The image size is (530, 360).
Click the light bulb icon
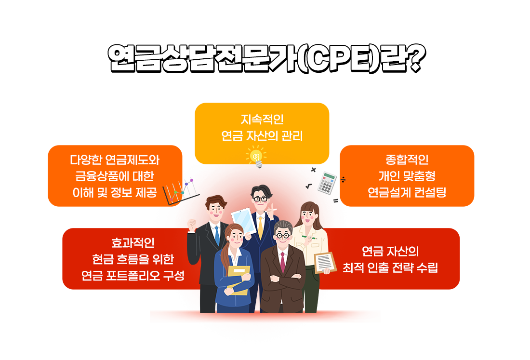pyautogui.click(x=256, y=156)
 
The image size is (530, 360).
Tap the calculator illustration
pyautogui.click(x=327, y=183)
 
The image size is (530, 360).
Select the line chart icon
pyautogui.click(x=181, y=192)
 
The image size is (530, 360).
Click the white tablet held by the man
pyautogui.click(x=244, y=221)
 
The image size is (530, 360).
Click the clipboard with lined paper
pyautogui.click(x=325, y=263)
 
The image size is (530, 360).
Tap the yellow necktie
pyautogui.click(x=260, y=227)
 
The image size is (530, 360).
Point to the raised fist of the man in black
pyautogui.click(x=192, y=225)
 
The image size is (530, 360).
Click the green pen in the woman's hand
pyautogui.click(x=309, y=237)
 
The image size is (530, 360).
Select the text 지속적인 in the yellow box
pyautogui.click(x=262, y=120)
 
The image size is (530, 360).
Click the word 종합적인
pyautogui.click(x=407, y=160)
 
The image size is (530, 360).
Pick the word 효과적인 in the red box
pyautogui.click(x=133, y=243)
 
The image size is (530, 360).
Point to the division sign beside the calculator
pyautogui.click(x=343, y=179)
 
